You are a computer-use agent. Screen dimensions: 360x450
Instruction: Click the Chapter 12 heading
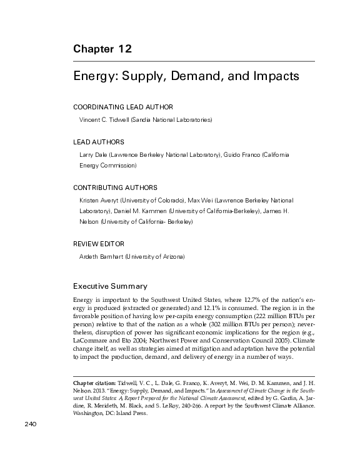[102, 49]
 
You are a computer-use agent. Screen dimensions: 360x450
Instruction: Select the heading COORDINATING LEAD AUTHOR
[123, 107]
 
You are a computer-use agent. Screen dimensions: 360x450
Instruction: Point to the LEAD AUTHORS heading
[99, 142]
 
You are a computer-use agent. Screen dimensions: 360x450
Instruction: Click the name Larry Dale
[93, 154]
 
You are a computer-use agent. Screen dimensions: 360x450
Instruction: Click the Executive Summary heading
[110, 286]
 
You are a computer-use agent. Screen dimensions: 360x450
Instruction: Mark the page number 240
[32, 424]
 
